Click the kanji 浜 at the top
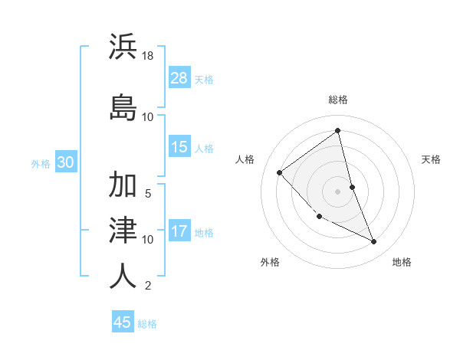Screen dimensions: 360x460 [x=123, y=47]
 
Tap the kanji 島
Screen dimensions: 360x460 [x=123, y=106]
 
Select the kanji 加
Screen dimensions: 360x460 [x=123, y=186]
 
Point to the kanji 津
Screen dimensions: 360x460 [x=123, y=229]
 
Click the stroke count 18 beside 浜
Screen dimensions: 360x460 [x=148, y=57]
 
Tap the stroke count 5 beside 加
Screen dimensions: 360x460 [x=148, y=194]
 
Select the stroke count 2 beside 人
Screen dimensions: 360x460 [x=148, y=286]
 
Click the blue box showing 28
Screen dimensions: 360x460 [x=179, y=78]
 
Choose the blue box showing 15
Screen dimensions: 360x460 [x=179, y=147]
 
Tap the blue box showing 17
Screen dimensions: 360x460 [x=179, y=231]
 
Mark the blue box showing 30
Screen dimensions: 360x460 [x=65, y=162]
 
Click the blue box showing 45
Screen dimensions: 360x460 [x=123, y=322]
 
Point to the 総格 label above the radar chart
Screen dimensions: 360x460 [x=338, y=100]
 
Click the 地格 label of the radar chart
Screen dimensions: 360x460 [x=402, y=262]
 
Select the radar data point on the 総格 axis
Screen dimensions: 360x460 [x=338, y=131]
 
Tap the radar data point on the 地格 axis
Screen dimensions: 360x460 [x=374, y=242]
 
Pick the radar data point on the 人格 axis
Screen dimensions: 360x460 [x=280, y=172]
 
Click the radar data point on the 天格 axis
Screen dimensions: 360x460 [x=352, y=187]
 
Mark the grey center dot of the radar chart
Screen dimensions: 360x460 [x=338, y=191]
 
